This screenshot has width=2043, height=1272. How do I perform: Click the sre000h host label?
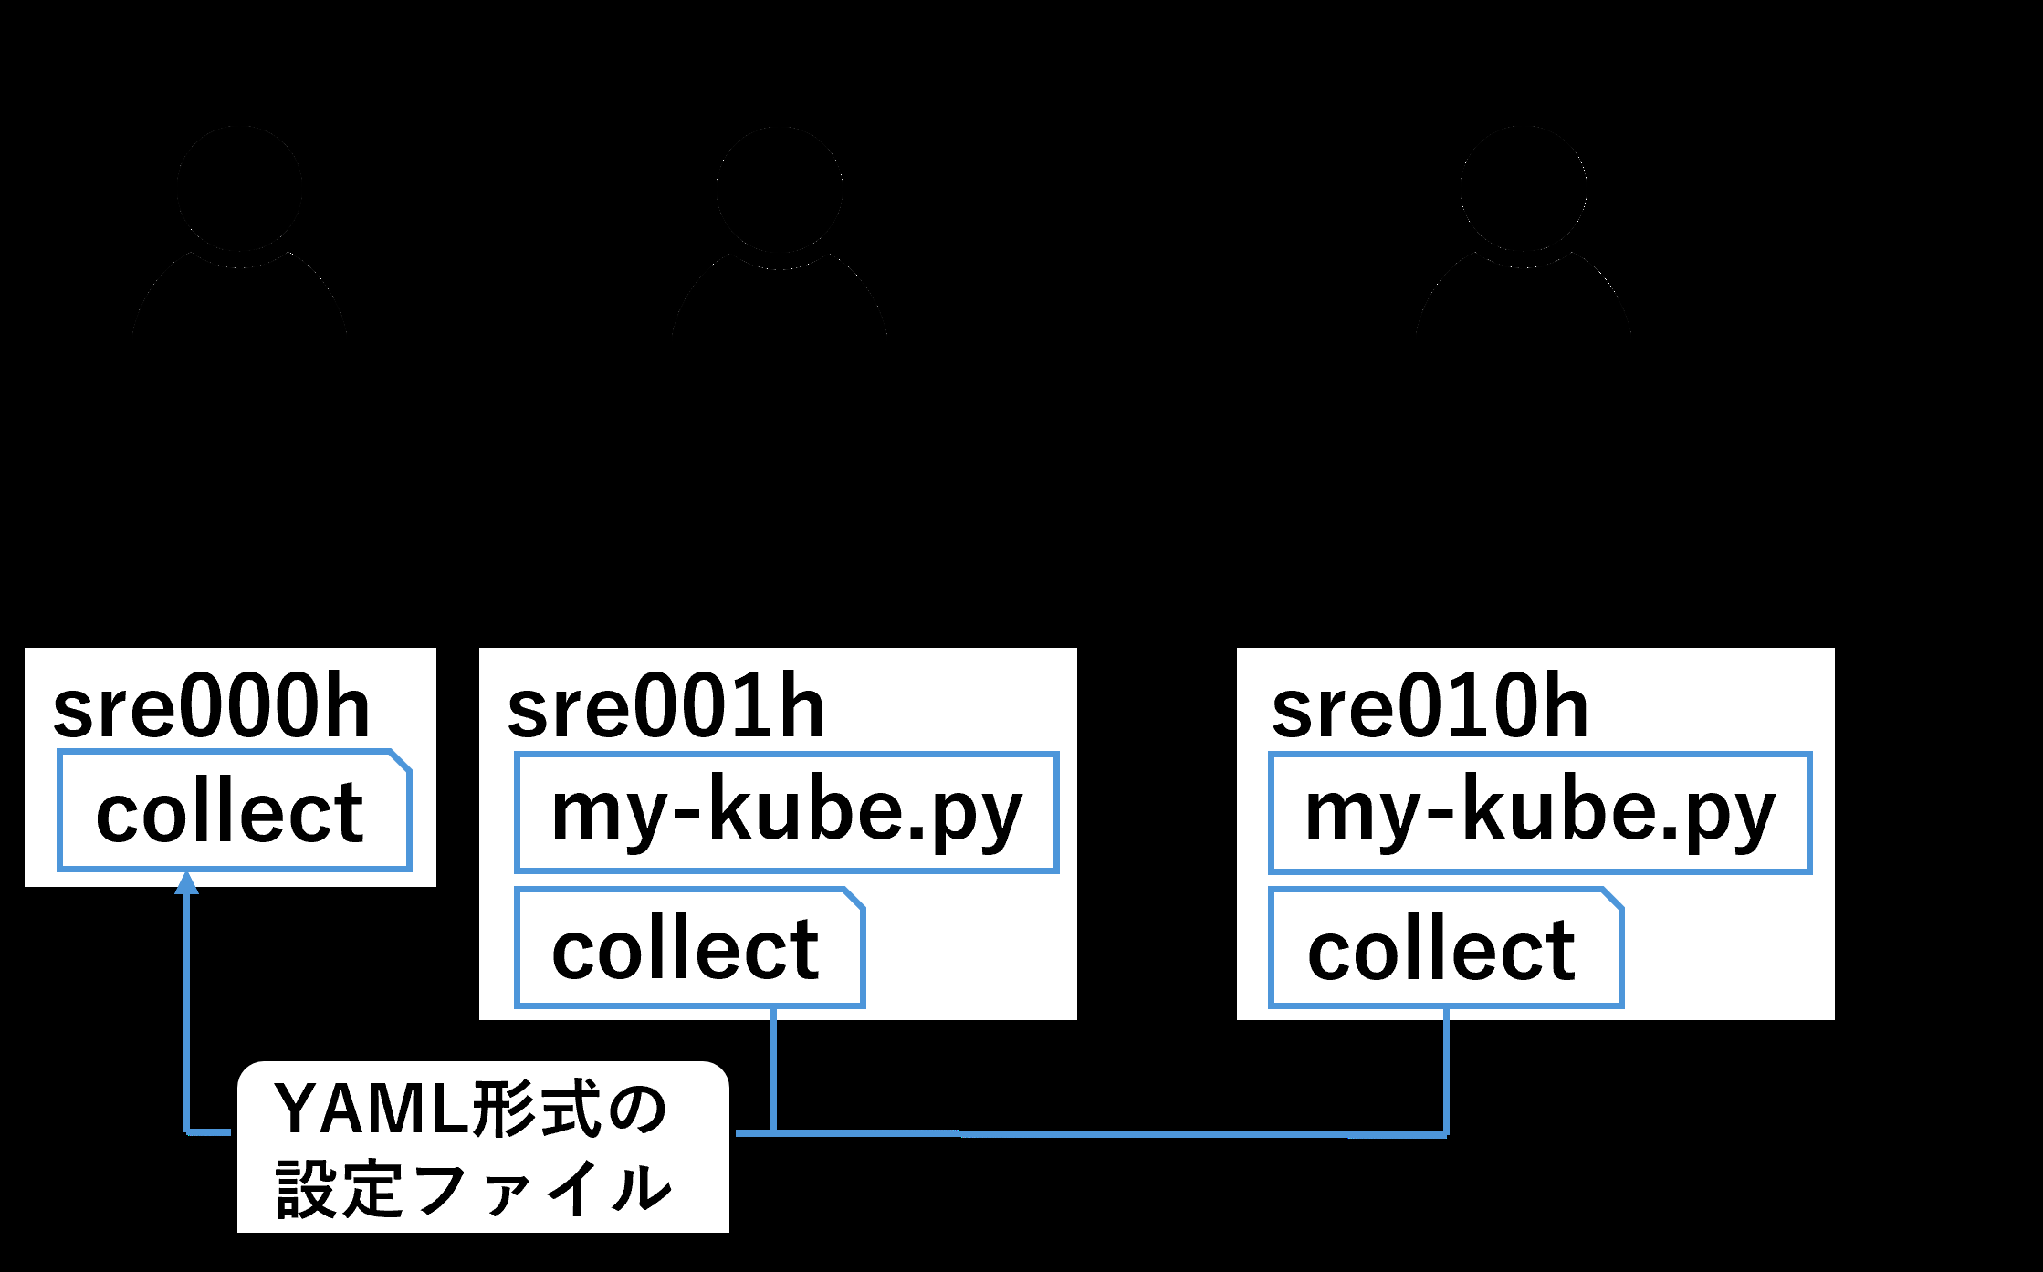pyautogui.click(x=212, y=707)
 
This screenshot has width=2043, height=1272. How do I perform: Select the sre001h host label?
pyautogui.click(x=666, y=707)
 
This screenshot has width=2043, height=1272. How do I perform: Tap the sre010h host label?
pyautogui.click(x=1430, y=707)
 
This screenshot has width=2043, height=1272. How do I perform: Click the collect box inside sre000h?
pyautogui.click(x=234, y=810)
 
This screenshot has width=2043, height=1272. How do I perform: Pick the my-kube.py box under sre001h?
pyautogui.click(x=787, y=812)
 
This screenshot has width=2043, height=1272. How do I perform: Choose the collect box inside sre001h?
pyautogui.click(x=689, y=947)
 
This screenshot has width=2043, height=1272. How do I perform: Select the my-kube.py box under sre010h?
pyautogui.click(x=1540, y=812)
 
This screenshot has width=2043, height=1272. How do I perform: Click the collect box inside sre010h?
pyautogui.click(x=1446, y=947)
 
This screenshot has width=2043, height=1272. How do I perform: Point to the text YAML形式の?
pyautogui.click(x=471, y=1110)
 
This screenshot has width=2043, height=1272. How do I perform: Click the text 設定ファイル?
pyautogui.click(x=474, y=1189)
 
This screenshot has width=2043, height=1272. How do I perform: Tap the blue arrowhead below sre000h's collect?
pyautogui.click(x=187, y=882)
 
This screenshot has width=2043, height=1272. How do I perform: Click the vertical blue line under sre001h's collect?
pyautogui.click(x=774, y=1070)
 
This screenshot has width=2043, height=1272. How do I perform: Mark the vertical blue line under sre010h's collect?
pyautogui.click(x=1447, y=1071)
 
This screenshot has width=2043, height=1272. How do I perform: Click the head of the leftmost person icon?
pyautogui.click(x=240, y=189)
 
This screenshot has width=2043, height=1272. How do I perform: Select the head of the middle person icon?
pyautogui.click(x=780, y=189)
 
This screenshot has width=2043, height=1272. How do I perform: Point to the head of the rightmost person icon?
pyautogui.click(x=1524, y=189)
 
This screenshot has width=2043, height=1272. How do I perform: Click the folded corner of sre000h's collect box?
pyautogui.click(x=402, y=760)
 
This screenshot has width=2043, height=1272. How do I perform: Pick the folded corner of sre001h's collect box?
pyautogui.click(x=854, y=898)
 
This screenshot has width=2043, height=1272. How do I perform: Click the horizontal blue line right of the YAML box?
pyautogui.click(x=1092, y=1134)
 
